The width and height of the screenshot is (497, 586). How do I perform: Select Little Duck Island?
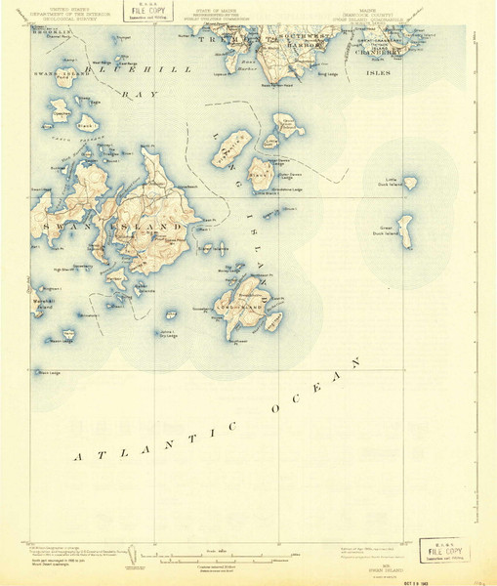(410, 183)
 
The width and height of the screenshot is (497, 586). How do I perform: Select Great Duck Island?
(403, 230)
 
